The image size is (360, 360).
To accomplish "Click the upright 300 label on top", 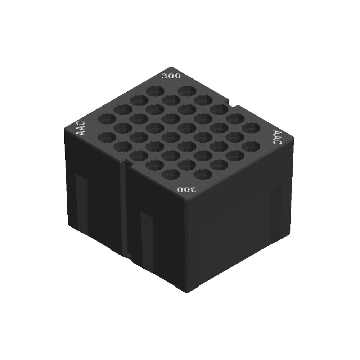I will pos(171,76).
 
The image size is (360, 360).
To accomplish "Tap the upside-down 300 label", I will pos(186,189).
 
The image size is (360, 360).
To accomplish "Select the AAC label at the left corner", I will pos(81,128).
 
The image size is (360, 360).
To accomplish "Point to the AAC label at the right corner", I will pos(277,137).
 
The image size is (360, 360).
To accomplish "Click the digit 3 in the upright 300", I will pos(165,76).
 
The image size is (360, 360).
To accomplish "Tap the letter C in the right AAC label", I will pos(275,142).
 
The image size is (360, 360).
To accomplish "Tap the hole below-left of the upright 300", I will pos(155,91).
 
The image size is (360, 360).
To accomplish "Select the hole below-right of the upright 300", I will pos(187,90).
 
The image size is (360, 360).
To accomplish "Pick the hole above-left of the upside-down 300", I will pos(171,174).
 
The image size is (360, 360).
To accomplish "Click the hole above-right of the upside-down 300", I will pos(203,174).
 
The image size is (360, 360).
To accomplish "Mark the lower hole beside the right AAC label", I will pos(251,147).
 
